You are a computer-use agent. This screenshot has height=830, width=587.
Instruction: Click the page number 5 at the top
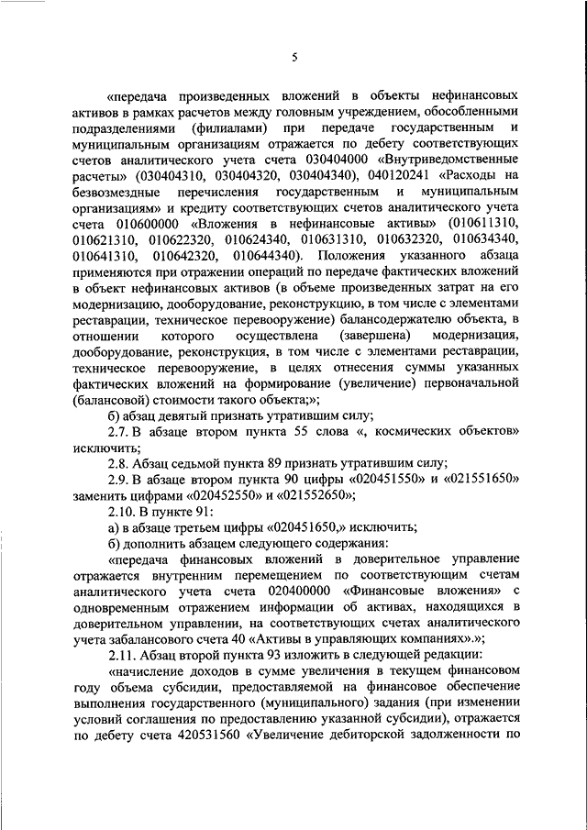(294, 57)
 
